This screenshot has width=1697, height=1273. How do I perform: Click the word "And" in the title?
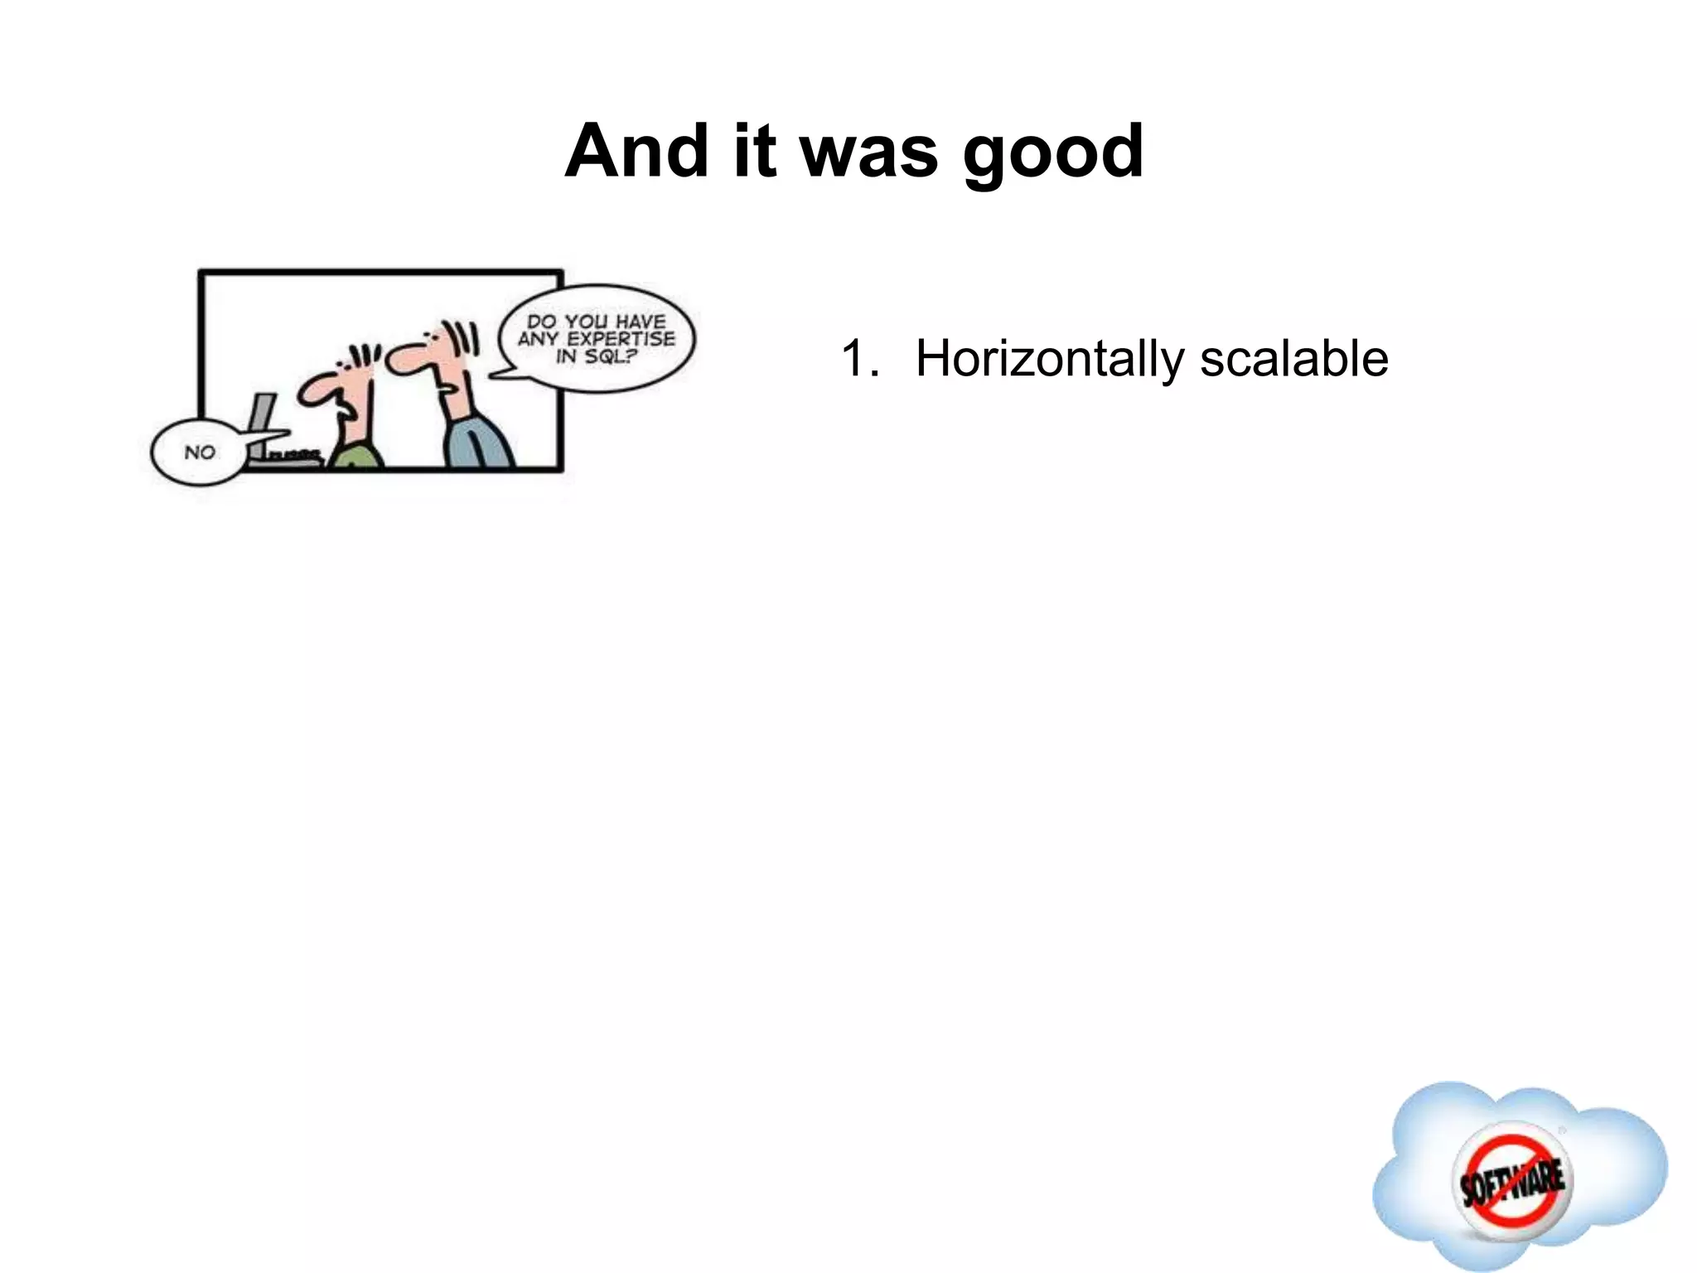pyautogui.click(x=636, y=151)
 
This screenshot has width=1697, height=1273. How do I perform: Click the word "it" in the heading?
pyautogui.click(x=755, y=151)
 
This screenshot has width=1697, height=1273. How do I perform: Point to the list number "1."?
pyautogui.click(x=859, y=360)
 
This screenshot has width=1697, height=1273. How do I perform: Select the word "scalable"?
pyautogui.click(x=1293, y=360)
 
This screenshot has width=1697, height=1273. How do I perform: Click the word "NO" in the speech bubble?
pyautogui.click(x=200, y=453)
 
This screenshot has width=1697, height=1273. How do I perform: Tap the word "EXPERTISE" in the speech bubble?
pyautogui.click(x=621, y=339)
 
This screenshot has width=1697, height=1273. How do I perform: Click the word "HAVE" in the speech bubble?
pyautogui.click(x=639, y=322)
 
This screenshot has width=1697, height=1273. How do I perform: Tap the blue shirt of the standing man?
pyautogui.click(x=479, y=443)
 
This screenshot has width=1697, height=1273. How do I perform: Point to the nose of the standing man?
pyautogui.click(x=404, y=358)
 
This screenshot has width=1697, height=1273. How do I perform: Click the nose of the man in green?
pyautogui.click(x=313, y=391)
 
